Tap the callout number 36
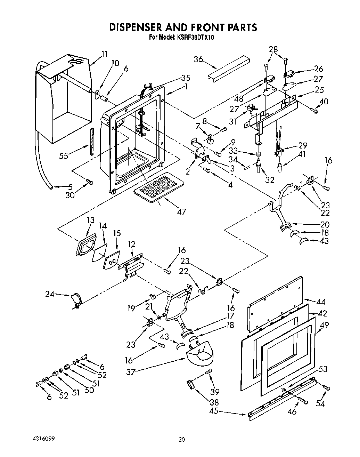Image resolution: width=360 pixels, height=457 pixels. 198,59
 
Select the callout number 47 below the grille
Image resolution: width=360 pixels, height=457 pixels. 181,211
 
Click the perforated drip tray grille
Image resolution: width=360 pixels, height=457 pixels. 158,187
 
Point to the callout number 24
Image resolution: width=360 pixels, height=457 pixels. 50,294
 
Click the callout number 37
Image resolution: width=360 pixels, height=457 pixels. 131,372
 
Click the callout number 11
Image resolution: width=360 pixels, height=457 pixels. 104,54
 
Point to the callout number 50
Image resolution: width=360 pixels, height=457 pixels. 89,390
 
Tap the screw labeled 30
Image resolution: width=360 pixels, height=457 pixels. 90,182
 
